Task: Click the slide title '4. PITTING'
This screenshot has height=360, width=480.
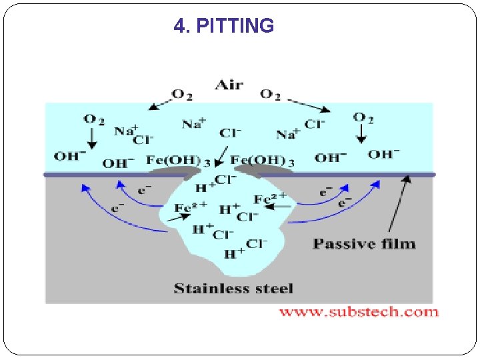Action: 223,26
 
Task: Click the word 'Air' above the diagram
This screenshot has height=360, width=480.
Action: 229,85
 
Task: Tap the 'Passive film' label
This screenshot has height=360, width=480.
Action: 364,243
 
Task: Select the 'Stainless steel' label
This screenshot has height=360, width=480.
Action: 233,289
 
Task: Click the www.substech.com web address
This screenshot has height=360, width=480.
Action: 358,311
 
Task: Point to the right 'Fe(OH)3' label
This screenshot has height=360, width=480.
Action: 262,161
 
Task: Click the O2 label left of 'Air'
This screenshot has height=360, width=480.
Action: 182,95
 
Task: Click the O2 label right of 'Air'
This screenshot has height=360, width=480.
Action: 270,95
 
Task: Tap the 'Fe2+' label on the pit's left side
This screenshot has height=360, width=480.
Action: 191,207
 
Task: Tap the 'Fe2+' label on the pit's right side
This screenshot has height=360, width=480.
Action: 270,198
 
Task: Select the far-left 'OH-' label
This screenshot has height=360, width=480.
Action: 69,157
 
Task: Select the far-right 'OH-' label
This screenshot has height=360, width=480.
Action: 384,155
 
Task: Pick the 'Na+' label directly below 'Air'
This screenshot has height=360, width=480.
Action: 194,123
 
